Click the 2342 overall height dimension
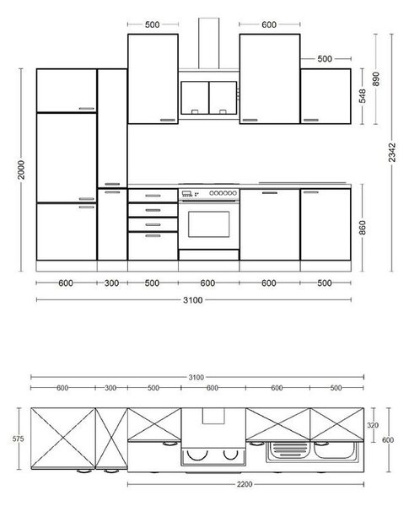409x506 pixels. click(392, 153)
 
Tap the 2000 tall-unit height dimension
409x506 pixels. click(21, 170)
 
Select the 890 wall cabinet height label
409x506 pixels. click(376, 78)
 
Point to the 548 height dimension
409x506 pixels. click(363, 96)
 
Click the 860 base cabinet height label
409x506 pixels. click(363, 228)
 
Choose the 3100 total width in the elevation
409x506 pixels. click(193, 300)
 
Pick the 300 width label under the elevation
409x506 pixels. click(111, 283)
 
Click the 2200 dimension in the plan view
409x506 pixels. click(245, 484)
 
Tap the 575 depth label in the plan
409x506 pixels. click(18, 439)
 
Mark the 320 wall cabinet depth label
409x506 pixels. click(373, 425)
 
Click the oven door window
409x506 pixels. click(209, 224)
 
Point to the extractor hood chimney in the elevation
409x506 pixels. click(209, 43)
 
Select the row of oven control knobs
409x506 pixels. click(223, 193)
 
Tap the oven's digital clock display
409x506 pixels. click(187, 193)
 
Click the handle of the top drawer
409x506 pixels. click(153, 196)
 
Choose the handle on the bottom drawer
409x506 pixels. click(153, 236)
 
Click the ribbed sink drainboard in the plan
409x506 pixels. click(290, 450)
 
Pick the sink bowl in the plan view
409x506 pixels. click(334, 450)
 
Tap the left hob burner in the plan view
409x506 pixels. click(197, 455)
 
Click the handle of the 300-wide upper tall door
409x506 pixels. click(112, 184)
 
